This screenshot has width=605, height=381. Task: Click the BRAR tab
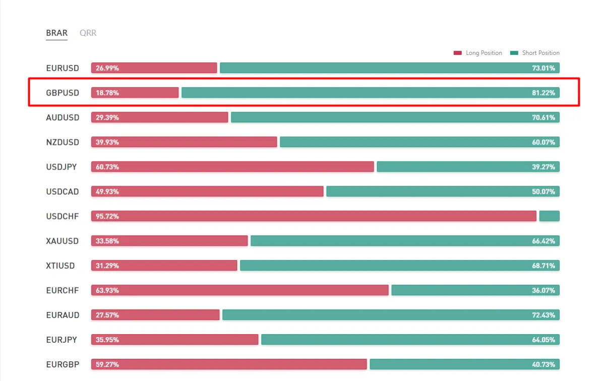coord(56,33)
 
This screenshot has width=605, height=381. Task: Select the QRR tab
coord(88,33)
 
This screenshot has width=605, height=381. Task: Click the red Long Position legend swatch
coord(458,53)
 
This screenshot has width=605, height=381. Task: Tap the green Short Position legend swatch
coord(514,53)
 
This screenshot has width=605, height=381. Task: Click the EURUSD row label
coord(63,68)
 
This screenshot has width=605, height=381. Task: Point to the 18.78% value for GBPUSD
coord(107,93)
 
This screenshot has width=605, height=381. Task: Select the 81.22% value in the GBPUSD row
coord(543,93)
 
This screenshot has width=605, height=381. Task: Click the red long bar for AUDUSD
coord(160,117)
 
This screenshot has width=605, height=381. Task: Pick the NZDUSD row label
coord(63,142)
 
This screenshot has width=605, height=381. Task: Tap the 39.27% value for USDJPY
coord(543,167)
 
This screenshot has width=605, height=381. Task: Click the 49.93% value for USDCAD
coord(107,191)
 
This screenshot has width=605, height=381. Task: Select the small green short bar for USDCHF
coord(550,216)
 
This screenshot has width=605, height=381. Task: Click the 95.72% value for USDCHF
coord(107,216)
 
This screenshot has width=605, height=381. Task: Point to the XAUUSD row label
coord(62,241)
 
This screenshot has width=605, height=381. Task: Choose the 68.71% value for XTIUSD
coord(543,266)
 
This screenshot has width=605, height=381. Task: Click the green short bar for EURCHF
coord(475,290)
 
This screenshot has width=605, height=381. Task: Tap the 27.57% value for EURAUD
coord(107,315)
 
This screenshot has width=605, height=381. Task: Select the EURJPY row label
coord(62,340)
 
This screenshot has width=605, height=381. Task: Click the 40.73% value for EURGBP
coord(543,364)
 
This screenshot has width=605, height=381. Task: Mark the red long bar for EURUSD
coord(154,67)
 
